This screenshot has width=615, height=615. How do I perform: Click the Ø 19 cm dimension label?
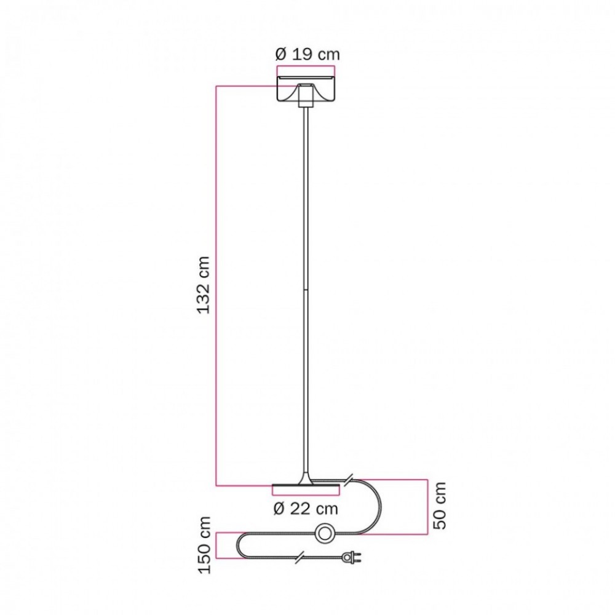point(307,54)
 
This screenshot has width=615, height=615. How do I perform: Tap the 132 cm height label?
point(204,285)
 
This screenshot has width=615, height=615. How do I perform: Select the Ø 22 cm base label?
point(306,509)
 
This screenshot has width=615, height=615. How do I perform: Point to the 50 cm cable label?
point(440,506)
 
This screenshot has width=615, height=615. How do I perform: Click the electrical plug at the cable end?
point(351,556)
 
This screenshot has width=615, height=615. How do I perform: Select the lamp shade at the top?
point(306,89)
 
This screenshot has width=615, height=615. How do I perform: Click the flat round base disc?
point(306,485)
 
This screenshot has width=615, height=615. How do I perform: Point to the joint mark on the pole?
point(306,290)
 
